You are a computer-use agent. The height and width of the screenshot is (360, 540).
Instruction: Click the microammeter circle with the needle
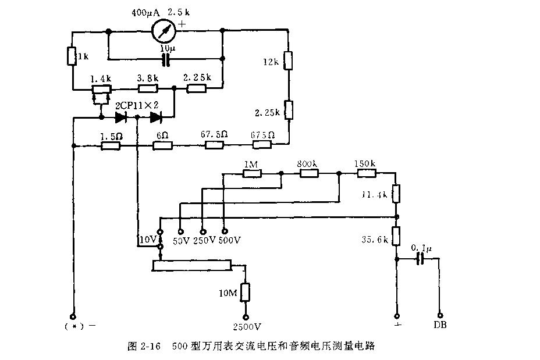(x=165, y=30)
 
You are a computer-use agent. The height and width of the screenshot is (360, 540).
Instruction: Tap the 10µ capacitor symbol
(x=166, y=59)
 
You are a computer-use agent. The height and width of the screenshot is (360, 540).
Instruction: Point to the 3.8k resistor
(x=148, y=89)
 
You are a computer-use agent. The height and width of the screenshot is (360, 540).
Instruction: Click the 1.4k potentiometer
(x=102, y=90)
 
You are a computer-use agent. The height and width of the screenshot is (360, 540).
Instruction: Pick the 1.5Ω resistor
(x=111, y=147)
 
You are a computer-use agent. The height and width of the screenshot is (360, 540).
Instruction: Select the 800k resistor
(x=309, y=173)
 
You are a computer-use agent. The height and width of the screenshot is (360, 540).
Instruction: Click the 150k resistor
(x=365, y=173)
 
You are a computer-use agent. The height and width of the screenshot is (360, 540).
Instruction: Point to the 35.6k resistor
(x=395, y=236)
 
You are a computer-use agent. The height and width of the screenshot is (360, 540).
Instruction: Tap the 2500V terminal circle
(x=246, y=317)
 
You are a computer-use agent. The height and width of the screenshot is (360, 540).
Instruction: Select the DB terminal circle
(x=440, y=313)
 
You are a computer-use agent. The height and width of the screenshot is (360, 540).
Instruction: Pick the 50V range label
(x=182, y=240)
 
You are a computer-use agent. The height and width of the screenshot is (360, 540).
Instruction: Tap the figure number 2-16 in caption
(x=149, y=347)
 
